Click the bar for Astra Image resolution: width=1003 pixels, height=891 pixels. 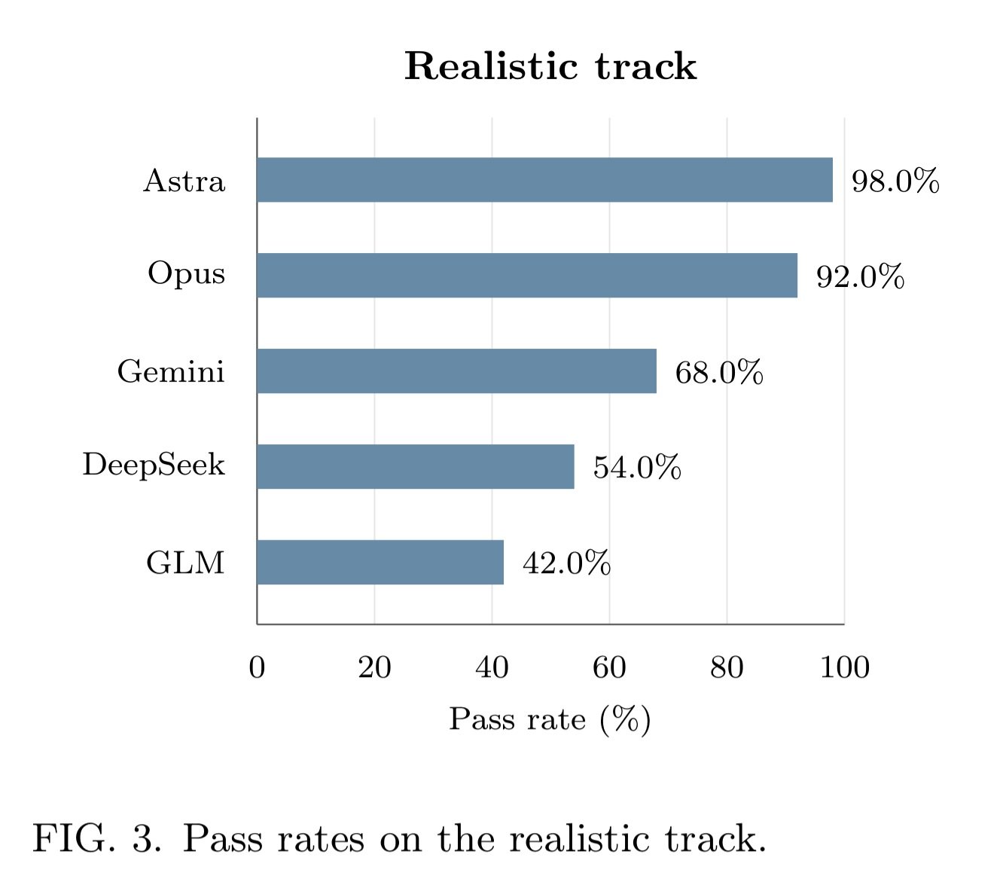coord(544,180)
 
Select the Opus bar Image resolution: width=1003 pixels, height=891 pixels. coord(527,276)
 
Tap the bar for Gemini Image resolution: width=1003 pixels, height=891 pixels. coord(456,371)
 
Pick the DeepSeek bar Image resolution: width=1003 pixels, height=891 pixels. coord(416,466)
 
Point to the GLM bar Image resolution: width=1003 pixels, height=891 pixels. coord(380,562)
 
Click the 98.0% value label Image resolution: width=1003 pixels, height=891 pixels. coord(895,181)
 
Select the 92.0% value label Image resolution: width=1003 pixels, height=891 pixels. coord(860,276)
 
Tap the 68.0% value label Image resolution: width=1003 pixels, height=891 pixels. coord(719,372)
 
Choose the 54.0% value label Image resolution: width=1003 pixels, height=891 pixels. coord(636,468)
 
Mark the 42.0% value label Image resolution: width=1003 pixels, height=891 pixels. coord(566,563)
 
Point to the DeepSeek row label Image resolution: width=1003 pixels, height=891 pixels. coord(154,465)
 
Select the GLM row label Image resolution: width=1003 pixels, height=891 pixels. coord(185,563)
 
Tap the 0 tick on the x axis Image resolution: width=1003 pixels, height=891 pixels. coord(257,667)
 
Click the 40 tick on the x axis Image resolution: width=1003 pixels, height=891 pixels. coord(492,667)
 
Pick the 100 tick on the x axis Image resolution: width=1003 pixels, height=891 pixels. coord(845,667)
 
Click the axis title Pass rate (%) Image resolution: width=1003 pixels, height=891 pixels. coord(550,719)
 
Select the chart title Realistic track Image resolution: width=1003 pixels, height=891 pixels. coord(550,66)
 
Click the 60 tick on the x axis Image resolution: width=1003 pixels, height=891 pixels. coord(609,667)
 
